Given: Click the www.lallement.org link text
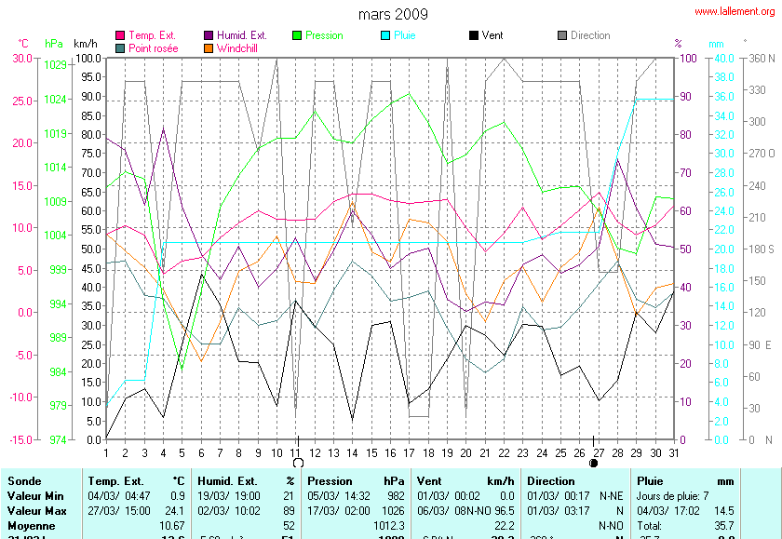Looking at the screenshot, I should point(735,11).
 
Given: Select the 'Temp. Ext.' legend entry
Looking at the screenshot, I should point(155,35).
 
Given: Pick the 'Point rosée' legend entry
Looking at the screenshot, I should point(154,47).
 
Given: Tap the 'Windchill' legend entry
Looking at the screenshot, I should point(238,47).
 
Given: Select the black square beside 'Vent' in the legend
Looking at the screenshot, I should point(474,35).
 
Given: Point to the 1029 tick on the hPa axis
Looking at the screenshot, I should point(55,64).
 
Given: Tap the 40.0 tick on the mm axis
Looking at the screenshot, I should point(722,58).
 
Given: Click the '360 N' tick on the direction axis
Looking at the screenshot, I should point(761,58).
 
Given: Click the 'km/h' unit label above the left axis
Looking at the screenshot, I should point(86,44).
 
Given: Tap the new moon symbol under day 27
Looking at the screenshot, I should point(594,462).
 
